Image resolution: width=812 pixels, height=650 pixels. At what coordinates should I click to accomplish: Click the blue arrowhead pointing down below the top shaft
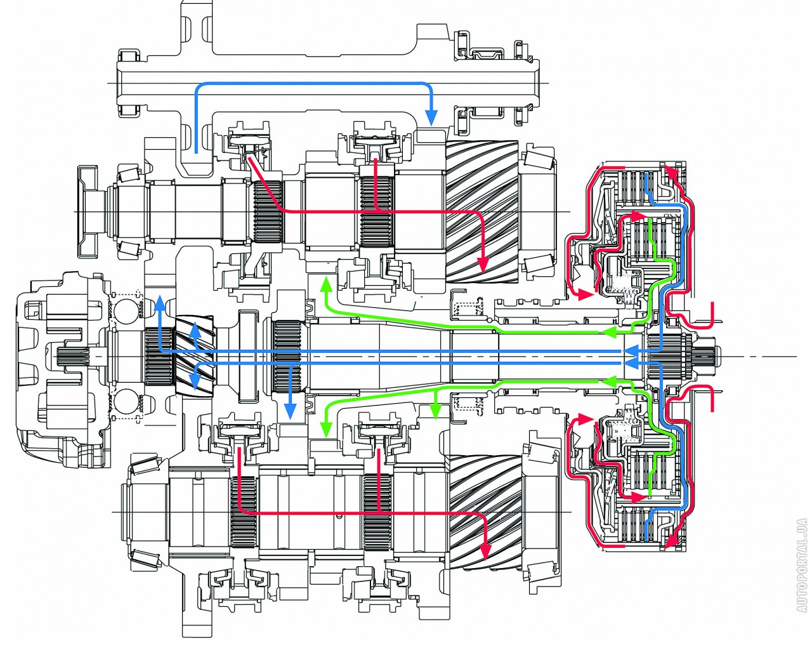click(x=431, y=117)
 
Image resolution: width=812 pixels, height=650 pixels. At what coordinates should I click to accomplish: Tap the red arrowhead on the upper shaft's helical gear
click(x=483, y=265)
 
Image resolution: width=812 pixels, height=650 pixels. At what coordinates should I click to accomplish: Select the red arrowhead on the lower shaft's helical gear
click(x=486, y=552)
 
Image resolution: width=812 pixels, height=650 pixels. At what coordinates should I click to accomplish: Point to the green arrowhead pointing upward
click(x=325, y=284)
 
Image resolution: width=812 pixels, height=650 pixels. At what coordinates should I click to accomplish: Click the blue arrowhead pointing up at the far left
click(x=160, y=303)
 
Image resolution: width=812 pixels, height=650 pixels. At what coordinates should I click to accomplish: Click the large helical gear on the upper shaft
click(x=483, y=212)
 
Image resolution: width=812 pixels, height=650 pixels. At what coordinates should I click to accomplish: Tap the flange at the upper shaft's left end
click(x=88, y=211)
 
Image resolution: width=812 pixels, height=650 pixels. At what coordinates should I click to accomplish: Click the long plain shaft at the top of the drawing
click(x=327, y=83)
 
